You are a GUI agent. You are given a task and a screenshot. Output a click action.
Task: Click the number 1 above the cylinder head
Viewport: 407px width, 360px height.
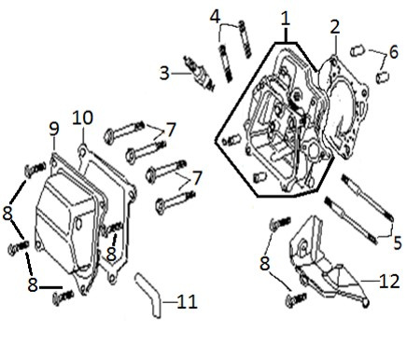pyautogui.click(x=285, y=19)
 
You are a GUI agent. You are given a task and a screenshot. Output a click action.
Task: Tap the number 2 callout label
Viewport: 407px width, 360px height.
pyautogui.click(x=335, y=27)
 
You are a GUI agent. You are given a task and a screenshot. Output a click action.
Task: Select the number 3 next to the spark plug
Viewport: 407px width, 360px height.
pyautogui.click(x=164, y=74)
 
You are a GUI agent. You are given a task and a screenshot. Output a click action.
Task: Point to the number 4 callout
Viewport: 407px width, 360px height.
pyautogui.click(x=215, y=17)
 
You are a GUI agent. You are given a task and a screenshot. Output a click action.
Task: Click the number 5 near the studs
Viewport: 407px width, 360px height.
pyautogui.click(x=398, y=242)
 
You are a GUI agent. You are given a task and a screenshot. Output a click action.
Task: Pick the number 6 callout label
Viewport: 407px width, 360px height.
pyautogui.click(x=393, y=52)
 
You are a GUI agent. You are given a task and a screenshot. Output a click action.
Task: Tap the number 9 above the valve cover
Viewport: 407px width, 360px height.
pyautogui.click(x=54, y=129)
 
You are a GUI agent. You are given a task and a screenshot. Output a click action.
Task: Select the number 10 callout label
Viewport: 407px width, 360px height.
pyautogui.click(x=83, y=118)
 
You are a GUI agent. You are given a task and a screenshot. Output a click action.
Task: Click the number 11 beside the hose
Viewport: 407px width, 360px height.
pyautogui.click(x=188, y=301)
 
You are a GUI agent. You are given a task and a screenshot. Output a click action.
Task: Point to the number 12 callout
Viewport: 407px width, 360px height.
pyautogui.click(x=389, y=281)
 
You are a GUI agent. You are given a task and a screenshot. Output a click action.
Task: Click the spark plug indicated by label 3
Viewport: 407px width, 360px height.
pyautogui.click(x=199, y=73)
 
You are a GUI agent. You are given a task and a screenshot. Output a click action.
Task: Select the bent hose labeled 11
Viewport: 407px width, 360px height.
pyautogui.click(x=149, y=295)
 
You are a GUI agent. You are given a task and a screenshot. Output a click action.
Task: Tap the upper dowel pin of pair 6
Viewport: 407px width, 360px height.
pyautogui.click(x=358, y=50)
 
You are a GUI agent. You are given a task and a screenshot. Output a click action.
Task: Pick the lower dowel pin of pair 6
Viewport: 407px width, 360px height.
pyautogui.click(x=383, y=77)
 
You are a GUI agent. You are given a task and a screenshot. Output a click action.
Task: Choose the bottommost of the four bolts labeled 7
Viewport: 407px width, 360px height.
pyautogui.click(x=175, y=202)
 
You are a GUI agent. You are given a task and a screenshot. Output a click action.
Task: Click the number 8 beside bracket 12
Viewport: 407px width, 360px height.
pyautogui.click(x=265, y=263)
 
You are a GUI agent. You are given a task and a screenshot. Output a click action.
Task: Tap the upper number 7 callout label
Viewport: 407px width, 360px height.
pyautogui.click(x=171, y=130)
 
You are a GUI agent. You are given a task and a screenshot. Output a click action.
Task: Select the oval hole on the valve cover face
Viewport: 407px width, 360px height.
pyautogui.click(x=79, y=224)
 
